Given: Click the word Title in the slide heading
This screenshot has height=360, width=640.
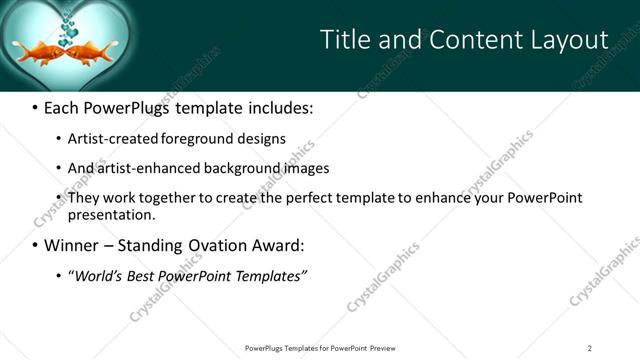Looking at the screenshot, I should pos(344,39).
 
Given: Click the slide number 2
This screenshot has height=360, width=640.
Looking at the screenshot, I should pos(590,347).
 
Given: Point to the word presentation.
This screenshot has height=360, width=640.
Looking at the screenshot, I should pos(111,214).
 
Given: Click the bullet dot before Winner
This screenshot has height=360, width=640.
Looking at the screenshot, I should pos(35,245).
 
